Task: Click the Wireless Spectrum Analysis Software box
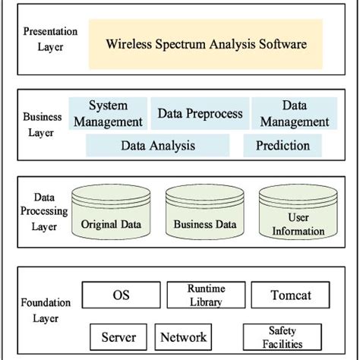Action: click(x=205, y=44)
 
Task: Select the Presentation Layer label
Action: click(x=51, y=39)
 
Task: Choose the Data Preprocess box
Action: click(x=200, y=114)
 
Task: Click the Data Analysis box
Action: click(x=158, y=145)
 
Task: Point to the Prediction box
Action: click(x=283, y=145)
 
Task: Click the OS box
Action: click(x=122, y=295)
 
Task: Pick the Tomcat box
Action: click(x=279, y=295)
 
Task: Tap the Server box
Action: click(x=118, y=336)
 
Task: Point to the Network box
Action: click(x=183, y=336)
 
